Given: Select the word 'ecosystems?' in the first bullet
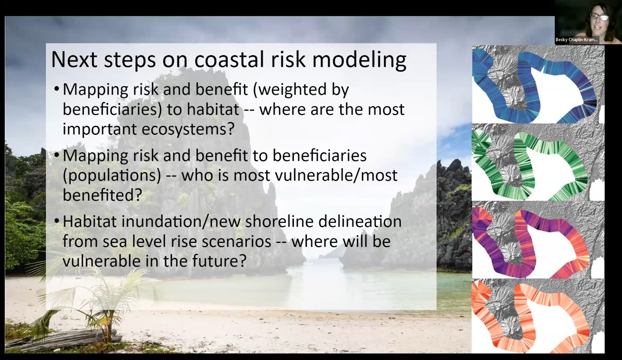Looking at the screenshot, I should [191, 129].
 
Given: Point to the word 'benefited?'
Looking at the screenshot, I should [102, 195].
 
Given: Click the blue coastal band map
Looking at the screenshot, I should [537, 85].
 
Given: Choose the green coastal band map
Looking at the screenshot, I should [537, 163].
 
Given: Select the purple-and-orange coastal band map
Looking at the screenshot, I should [537, 240].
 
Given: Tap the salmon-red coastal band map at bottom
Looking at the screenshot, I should [537, 317].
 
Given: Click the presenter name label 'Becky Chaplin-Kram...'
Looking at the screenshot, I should [576, 40].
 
